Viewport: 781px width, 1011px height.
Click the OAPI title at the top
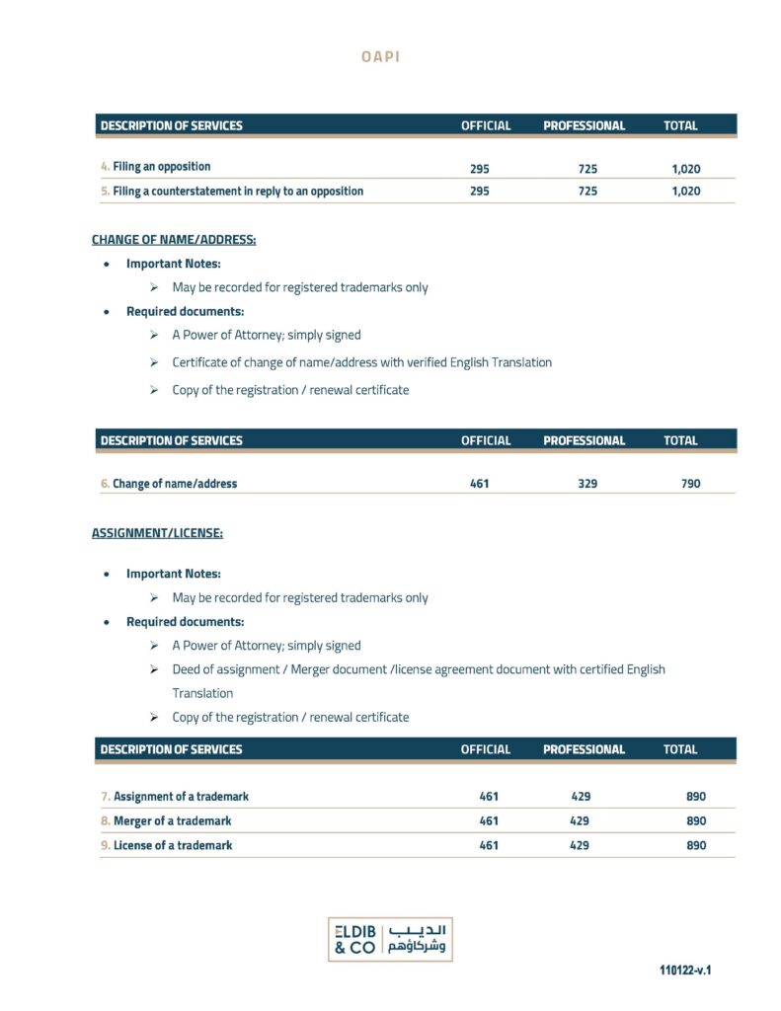tap(381, 56)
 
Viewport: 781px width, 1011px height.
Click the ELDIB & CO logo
tap(390, 939)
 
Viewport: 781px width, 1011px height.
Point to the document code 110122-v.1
tap(685, 971)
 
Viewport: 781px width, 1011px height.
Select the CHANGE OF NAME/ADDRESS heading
tap(174, 240)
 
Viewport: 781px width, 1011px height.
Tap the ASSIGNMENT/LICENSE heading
tap(157, 533)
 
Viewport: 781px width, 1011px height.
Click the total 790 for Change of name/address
tap(690, 484)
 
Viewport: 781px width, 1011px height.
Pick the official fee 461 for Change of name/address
tap(480, 484)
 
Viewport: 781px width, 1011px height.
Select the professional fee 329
tap(587, 484)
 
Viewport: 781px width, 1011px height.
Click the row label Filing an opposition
tap(161, 167)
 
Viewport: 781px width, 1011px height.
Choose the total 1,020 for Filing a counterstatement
tap(685, 192)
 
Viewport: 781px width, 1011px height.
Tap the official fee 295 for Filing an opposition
tap(480, 168)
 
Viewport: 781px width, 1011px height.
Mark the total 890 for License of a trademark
tap(696, 846)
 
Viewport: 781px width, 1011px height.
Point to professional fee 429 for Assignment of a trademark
tap(581, 797)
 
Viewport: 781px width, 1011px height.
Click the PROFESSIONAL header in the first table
tap(584, 126)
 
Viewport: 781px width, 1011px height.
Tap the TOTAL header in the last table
tap(680, 749)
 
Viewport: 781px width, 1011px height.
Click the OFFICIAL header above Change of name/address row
tap(486, 441)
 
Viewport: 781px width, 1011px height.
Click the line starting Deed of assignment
tap(418, 669)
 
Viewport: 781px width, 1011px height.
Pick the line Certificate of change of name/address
tap(361, 362)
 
